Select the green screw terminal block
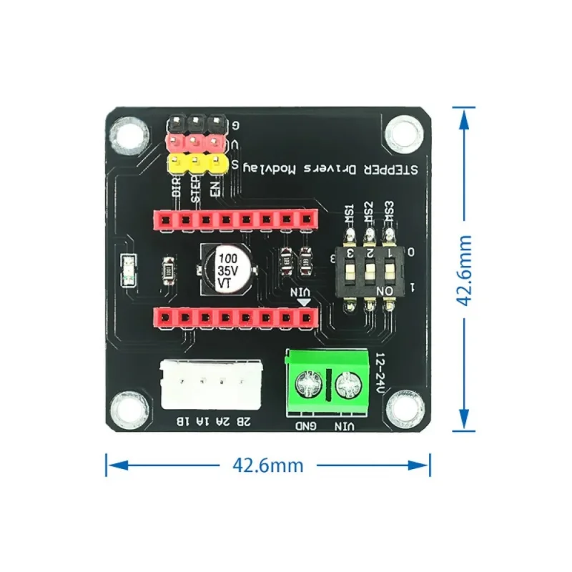tap(328, 381)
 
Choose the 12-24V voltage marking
tap(380, 372)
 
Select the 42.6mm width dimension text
tap(267, 465)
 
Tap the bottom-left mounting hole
tap(132, 408)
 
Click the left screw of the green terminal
tap(310, 386)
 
